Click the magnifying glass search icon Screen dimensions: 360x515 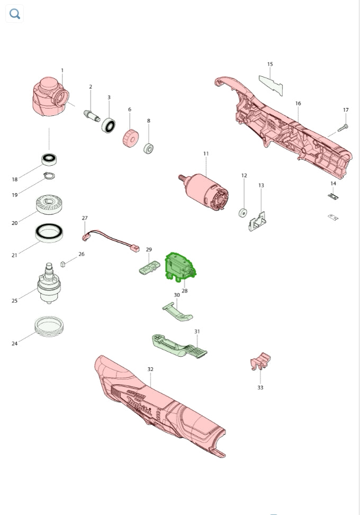coord(15,14)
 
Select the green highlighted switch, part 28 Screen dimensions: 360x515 coord(180,267)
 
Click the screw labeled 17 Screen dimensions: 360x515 coord(343,128)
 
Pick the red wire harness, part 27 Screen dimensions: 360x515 coord(110,240)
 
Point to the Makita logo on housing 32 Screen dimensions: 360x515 coord(139,406)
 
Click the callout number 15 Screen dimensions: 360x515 coord(270,64)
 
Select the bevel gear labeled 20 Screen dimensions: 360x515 coord(49,204)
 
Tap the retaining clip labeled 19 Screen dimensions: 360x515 coord(49,176)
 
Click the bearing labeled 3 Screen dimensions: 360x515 coord(108,125)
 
